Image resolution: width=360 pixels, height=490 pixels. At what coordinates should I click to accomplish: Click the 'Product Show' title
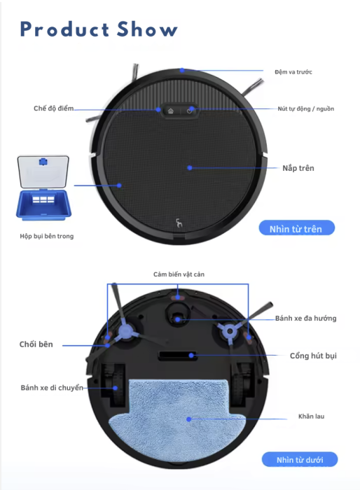point(99,29)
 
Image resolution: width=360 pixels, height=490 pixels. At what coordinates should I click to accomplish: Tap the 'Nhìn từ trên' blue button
point(296,228)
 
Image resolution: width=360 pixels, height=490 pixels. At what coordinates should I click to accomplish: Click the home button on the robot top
point(170,111)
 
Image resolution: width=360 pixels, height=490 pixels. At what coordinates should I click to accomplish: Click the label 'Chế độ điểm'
point(53,108)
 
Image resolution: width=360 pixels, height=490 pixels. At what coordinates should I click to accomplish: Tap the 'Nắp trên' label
point(298,168)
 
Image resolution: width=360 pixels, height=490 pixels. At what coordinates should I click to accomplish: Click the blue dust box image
point(43,185)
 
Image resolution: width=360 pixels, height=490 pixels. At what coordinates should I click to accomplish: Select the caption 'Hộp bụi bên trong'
point(47,236)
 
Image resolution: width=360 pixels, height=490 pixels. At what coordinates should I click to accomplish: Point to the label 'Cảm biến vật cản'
point(179,274)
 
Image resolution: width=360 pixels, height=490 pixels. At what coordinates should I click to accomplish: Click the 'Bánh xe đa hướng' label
point(305,318)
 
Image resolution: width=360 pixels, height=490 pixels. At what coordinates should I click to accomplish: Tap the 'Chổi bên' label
point(36,344)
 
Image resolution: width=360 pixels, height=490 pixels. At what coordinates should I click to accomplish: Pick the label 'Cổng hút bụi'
point(313,356)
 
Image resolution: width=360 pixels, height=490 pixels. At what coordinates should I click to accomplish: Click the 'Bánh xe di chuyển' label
point(52,388)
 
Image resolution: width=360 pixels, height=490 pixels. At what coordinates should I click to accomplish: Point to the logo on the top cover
point(179,223)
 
